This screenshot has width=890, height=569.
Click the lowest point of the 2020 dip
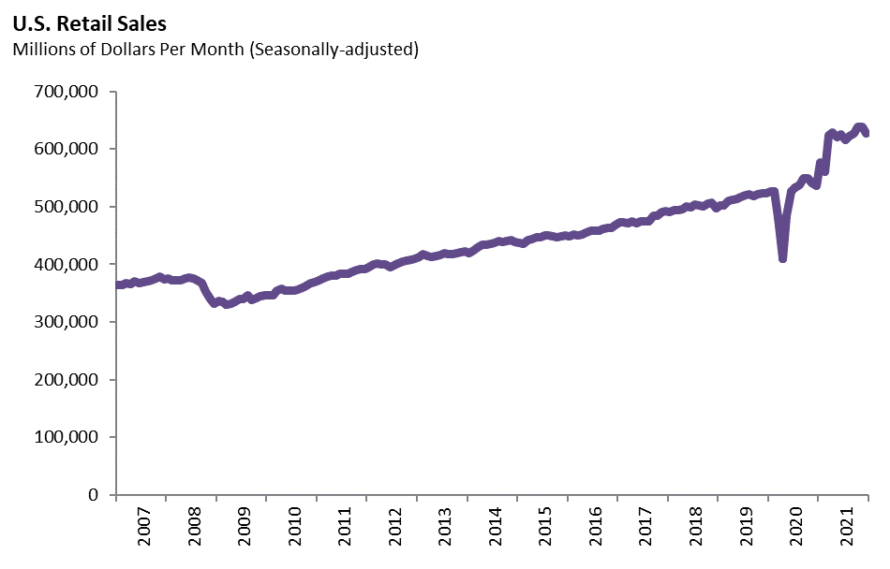782,258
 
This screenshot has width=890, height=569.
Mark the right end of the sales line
867,133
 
